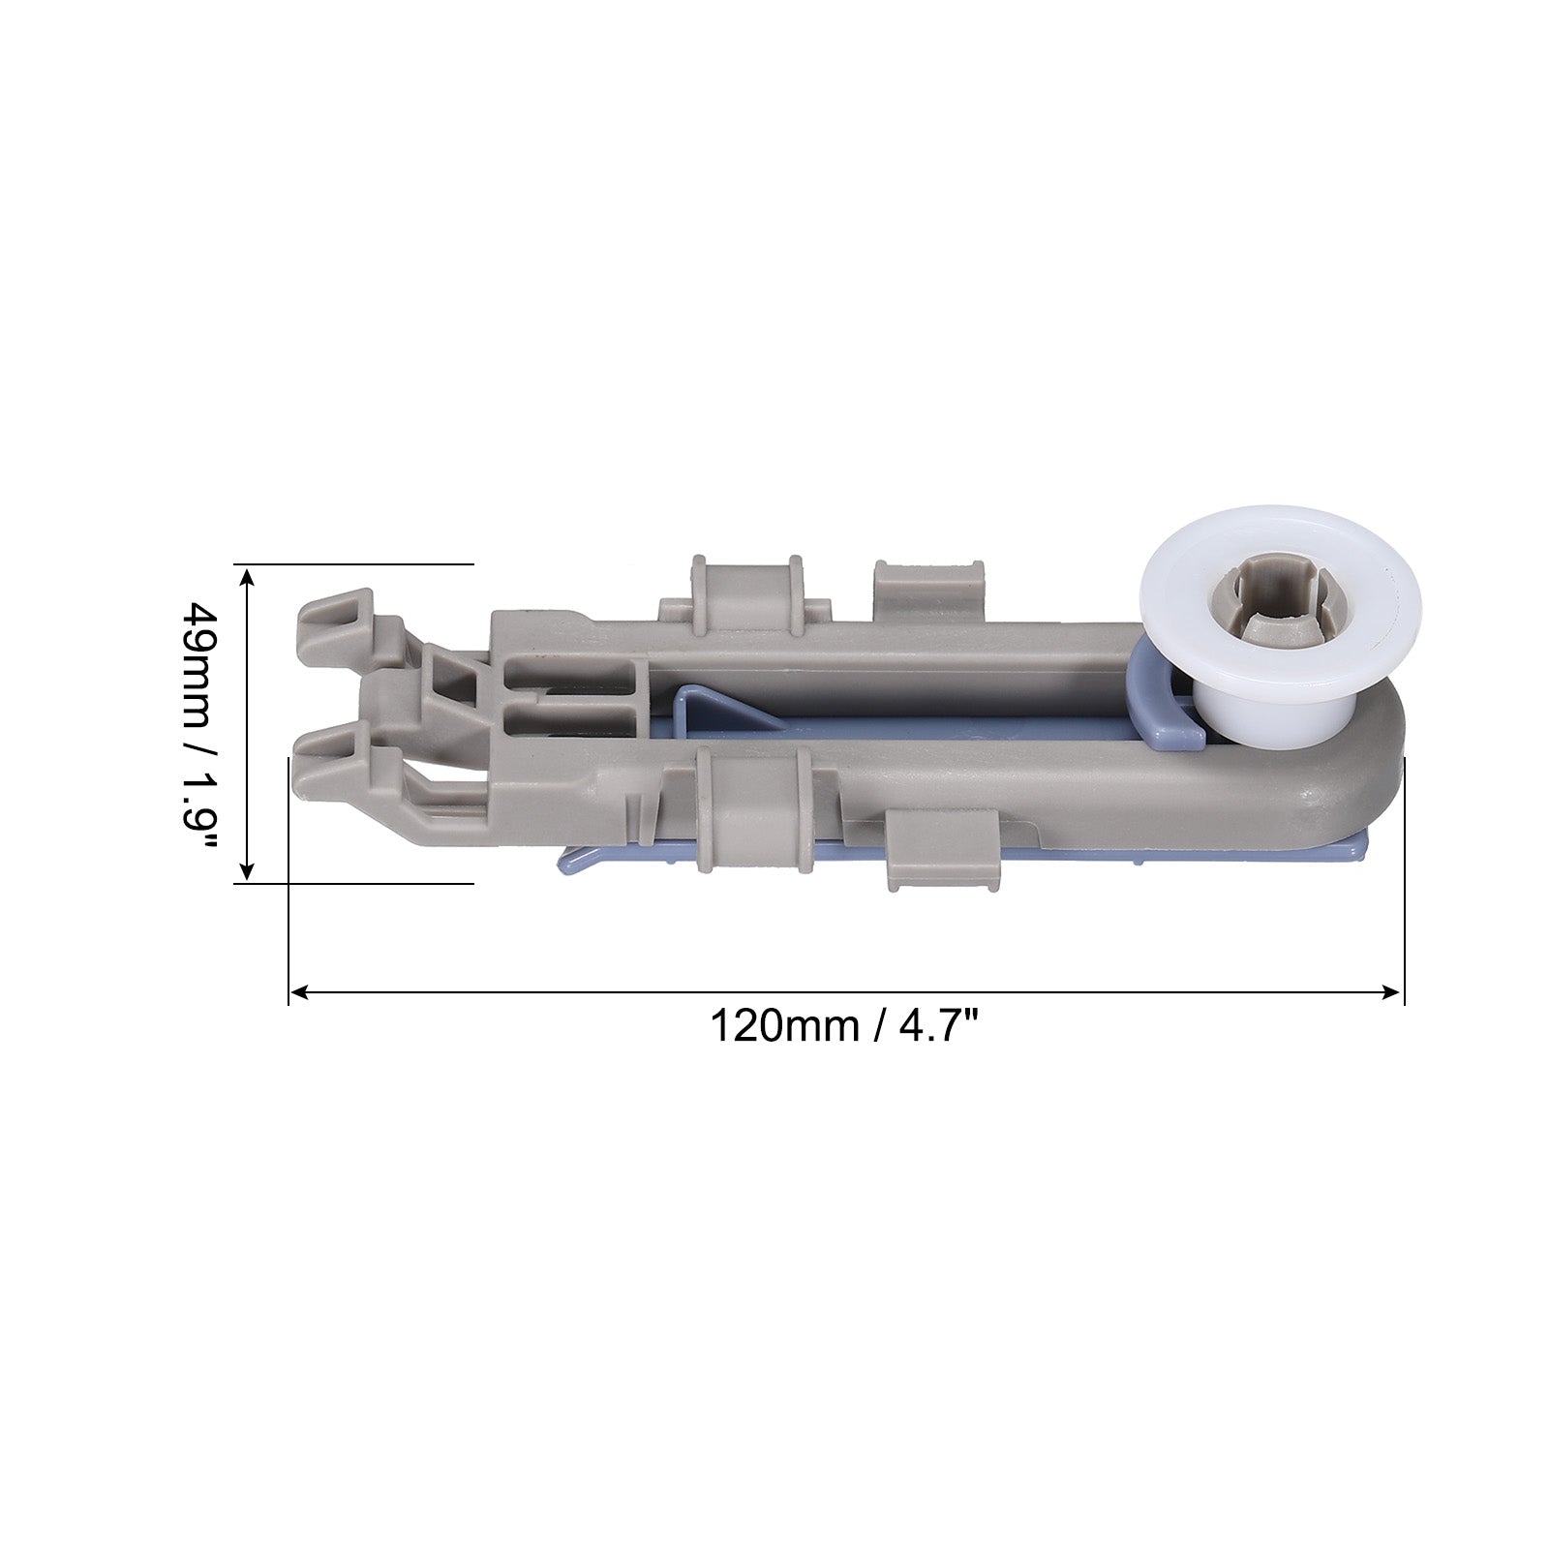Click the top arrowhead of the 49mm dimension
tap(247, 577)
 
